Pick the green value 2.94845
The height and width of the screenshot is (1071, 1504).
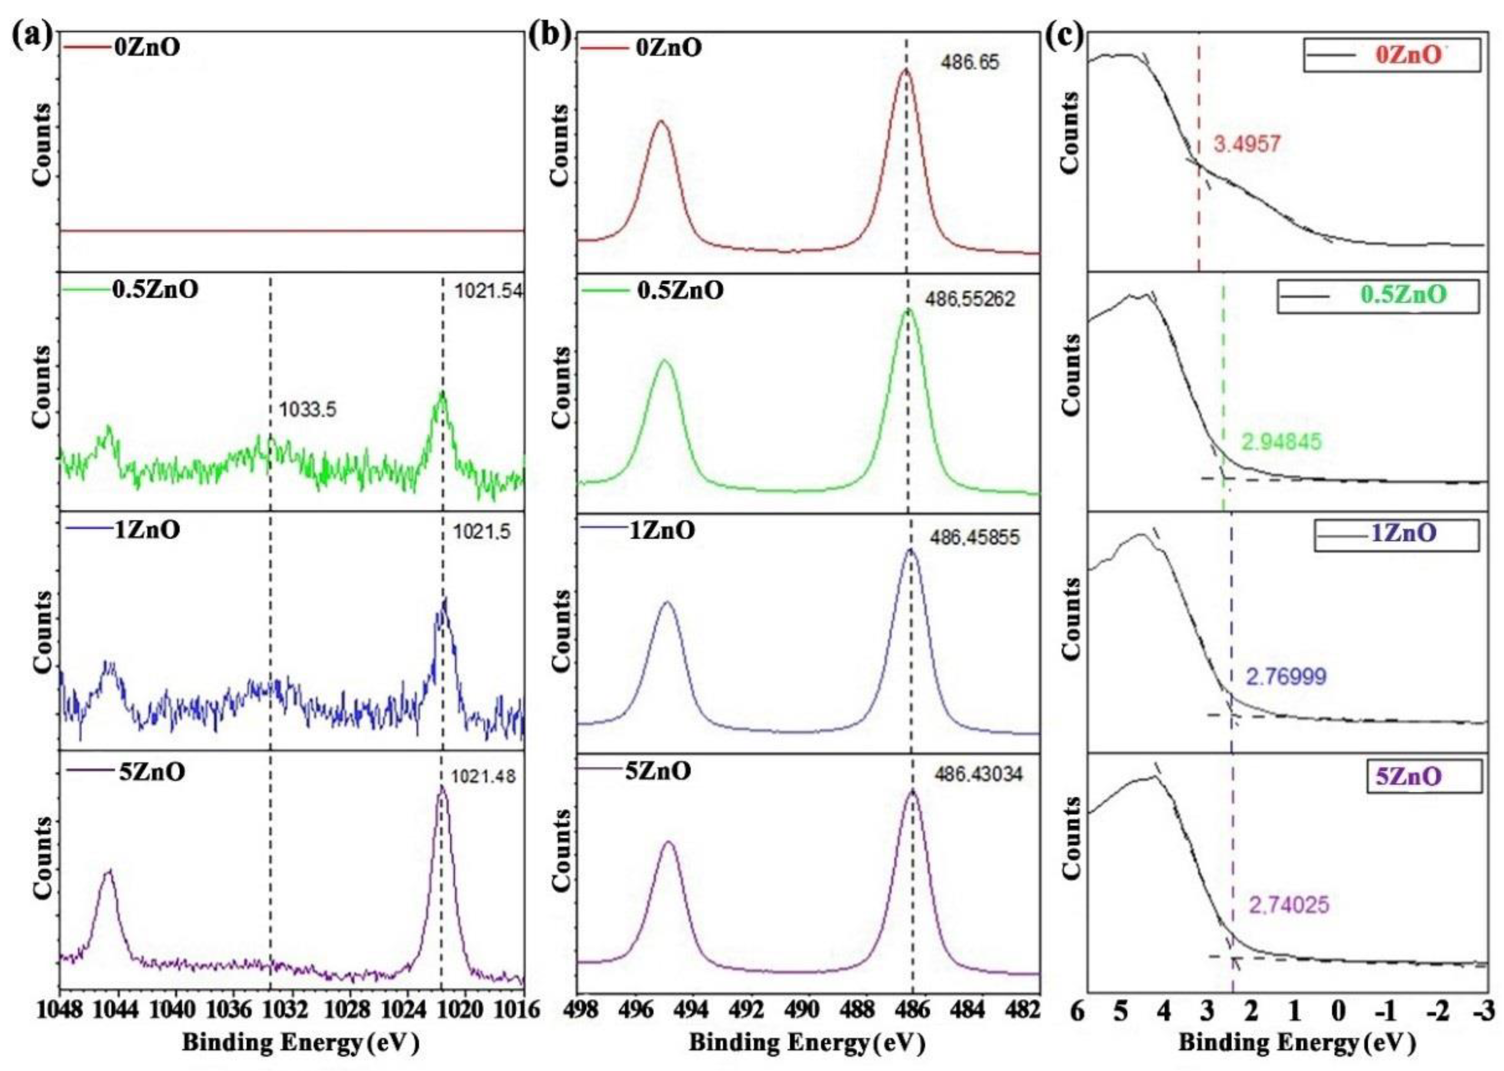1282,441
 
